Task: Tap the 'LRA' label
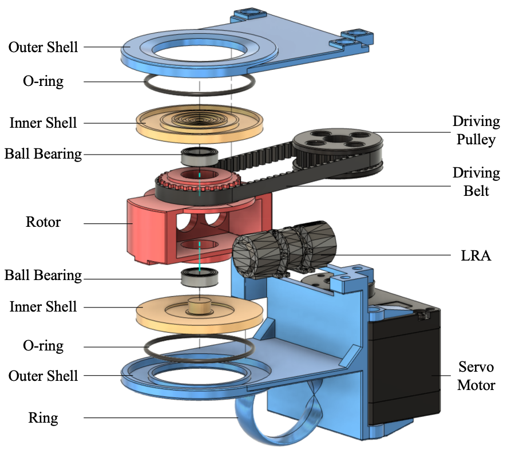476,255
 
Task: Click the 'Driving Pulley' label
476,130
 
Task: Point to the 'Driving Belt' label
476,182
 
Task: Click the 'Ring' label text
43,418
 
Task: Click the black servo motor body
403,367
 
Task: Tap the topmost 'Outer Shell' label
43,46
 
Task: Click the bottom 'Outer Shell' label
43,376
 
